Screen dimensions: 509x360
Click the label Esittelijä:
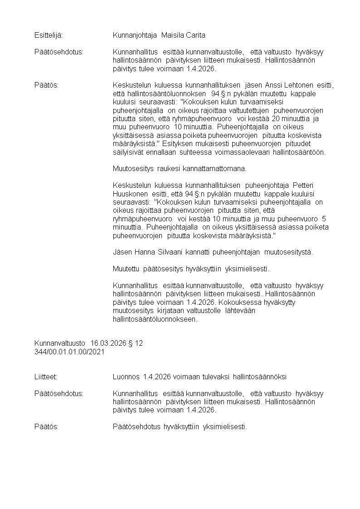point(49,35)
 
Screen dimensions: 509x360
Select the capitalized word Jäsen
point(121,252)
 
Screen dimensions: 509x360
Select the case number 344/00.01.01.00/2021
point(69,352)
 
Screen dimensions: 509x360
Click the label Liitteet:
point(46,377)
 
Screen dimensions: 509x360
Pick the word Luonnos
point(126,377)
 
